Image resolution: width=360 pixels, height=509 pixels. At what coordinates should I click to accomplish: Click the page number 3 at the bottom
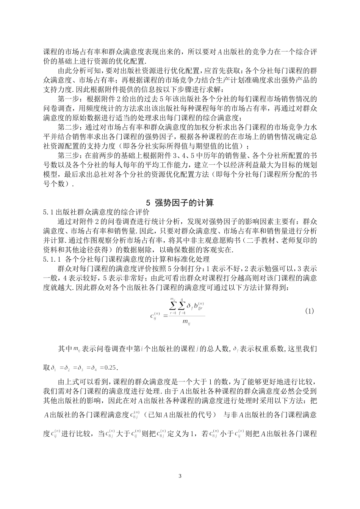pos(180,476)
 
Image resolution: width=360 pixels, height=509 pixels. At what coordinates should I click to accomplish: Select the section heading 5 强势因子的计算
pos(180,203)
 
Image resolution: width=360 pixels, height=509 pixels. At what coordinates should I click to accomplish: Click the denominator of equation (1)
pos(186,322)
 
